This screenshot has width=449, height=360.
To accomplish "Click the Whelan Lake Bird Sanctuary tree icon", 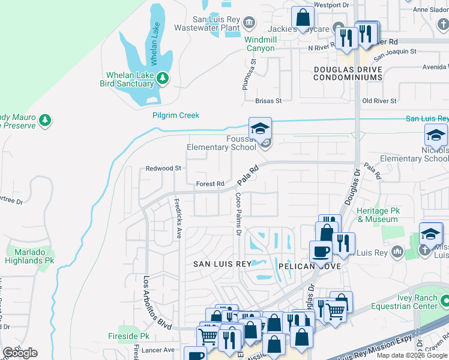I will coord(162,79).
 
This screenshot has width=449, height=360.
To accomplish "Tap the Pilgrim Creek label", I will coord(175,115).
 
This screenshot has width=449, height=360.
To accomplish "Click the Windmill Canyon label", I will coord(259,44).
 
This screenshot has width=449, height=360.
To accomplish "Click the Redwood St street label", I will coord(163,169).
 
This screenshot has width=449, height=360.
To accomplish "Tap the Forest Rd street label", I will coord(210,184).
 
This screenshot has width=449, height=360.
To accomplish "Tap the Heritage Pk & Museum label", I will coord(377,215).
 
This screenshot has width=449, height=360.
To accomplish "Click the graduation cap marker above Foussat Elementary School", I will coord(261,128).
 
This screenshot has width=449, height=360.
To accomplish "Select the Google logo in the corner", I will coord(20,353).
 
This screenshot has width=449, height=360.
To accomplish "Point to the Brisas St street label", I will coord(268,101).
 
